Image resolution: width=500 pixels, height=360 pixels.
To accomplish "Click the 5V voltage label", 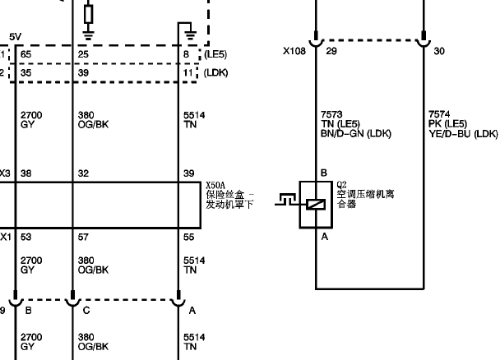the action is [x=15, y=37].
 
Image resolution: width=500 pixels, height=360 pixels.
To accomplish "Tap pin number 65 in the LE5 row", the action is [x=25, y=54].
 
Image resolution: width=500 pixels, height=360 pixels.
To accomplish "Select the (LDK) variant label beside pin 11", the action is [x=216, y=73].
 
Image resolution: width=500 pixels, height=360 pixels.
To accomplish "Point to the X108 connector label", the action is [x=294, y=51].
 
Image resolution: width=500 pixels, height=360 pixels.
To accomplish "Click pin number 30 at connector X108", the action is [x=439, y=51].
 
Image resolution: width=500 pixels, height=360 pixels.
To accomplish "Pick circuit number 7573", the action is [x=331, y=114].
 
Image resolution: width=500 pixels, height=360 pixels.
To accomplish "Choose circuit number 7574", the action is [x=439, y=114].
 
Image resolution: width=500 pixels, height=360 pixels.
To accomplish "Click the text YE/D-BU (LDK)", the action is [x=463, y=134].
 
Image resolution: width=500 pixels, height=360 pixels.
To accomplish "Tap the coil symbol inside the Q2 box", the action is [x=316, y=205].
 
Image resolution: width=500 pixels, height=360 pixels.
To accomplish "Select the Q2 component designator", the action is [x=341, y=185].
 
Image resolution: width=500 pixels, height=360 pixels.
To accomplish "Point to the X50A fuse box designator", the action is [x=215, y=186].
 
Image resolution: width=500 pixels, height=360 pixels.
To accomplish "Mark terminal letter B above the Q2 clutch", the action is [x=324, y=173].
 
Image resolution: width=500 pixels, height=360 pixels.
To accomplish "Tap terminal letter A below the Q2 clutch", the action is [x=325, y=237].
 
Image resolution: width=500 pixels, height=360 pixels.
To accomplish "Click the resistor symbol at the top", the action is [x=89, y=14].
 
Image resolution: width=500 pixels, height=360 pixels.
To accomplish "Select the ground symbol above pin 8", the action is [x=190, y=35].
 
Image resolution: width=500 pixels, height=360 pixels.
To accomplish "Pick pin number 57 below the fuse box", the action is [x=83, y=237].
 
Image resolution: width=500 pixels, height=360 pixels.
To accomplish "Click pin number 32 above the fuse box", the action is [x=83, y=173].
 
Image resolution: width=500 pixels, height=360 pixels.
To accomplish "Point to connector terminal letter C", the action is [x=86, y=311].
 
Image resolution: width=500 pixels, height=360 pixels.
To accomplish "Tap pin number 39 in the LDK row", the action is [x=83, y=73].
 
